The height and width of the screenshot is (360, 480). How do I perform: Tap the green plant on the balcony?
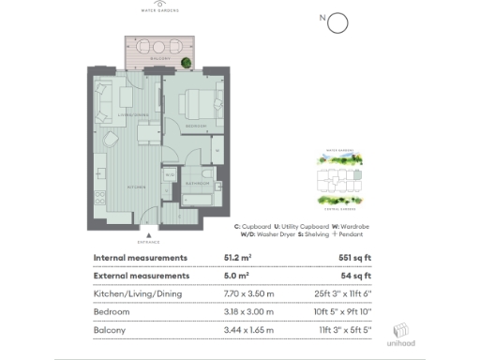coord(187,63)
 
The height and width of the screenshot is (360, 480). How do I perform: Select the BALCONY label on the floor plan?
coord(158,57)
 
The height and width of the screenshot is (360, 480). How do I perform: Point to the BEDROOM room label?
coord(196,124)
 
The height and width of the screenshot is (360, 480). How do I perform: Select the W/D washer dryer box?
coord(170,175)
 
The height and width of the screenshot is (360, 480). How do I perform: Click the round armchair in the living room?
coord(110,141)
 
